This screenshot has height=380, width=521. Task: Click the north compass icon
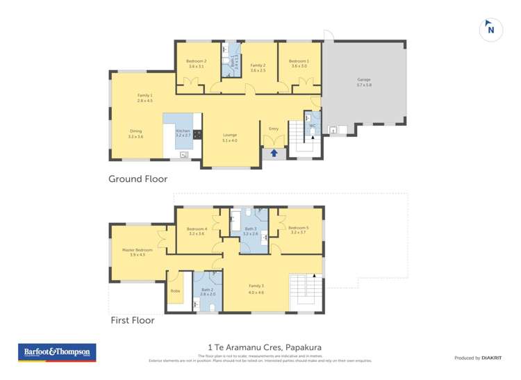point(491,30)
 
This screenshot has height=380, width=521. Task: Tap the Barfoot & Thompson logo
point(57,352)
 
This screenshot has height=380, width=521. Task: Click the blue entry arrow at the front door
point(274,153)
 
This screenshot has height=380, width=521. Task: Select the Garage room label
point(364,82)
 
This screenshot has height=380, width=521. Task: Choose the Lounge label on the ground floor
point(230,137)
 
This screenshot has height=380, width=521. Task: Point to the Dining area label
point(135,133)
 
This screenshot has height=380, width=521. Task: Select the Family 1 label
point(144,98)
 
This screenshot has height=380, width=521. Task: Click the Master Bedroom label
point(138,251)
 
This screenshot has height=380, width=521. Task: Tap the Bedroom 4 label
point(197,231)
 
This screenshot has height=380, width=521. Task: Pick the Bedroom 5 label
point(298,230)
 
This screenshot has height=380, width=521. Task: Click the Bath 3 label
point(250,231)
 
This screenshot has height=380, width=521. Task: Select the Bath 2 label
point(208,292)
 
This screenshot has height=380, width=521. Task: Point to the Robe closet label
point(174,291)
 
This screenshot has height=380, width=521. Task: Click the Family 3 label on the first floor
point(256,288)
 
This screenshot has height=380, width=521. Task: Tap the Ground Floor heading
point(138,179)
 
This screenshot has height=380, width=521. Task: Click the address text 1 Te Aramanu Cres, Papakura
point(265,347)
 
